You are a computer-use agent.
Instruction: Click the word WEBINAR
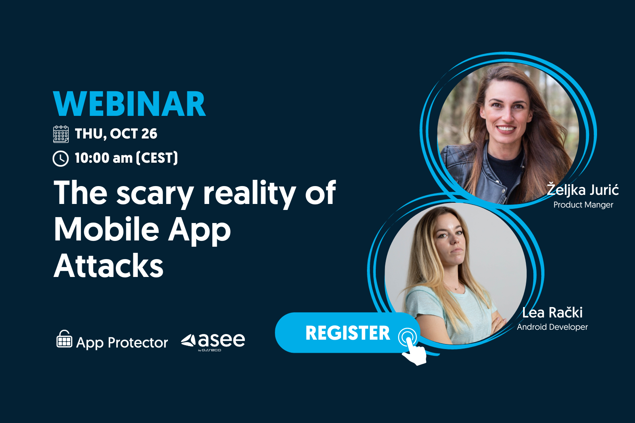pos(129,104)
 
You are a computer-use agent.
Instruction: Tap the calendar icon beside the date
pos(61,134)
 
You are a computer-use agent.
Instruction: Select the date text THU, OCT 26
pos(116,134)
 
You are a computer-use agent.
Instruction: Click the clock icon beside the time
pos(61,158)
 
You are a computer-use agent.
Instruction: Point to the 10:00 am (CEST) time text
pos(127,158)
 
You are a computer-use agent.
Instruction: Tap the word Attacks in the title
pos(109,265)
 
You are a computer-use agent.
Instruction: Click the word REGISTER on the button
pos(348,333)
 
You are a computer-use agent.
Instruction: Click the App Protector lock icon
pos(64,338)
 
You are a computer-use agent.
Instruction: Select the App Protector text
pos(122,342)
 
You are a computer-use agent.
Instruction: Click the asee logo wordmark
pos(213,341)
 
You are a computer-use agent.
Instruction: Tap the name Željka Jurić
pos(583,190)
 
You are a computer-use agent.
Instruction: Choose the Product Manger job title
pos(583,205)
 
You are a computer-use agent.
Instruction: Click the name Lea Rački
pos(552,313)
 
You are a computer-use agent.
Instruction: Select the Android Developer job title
pos(552,327)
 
